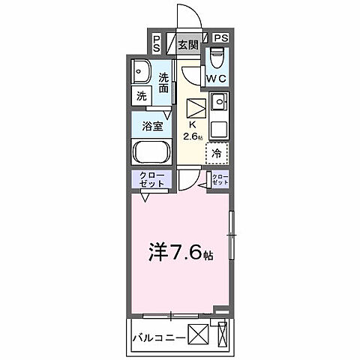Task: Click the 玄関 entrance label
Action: [x=187, y=44]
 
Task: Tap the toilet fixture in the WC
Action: [x=218, y=55]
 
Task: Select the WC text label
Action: [x=217, y=78]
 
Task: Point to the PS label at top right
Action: [x=221, y=37]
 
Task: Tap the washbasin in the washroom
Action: [x=141, y=73]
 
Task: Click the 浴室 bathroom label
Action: [x=152, y=125]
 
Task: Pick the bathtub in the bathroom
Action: [x=152, y=152]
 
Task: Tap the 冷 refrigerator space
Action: [x=216, y=153]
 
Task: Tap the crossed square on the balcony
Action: [x=197, y=332]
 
